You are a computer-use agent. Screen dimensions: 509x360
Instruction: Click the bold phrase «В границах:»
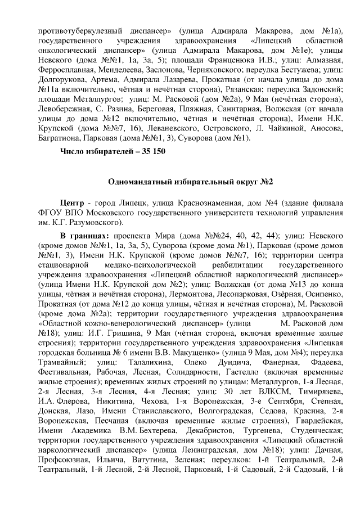tap(85, 238)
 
